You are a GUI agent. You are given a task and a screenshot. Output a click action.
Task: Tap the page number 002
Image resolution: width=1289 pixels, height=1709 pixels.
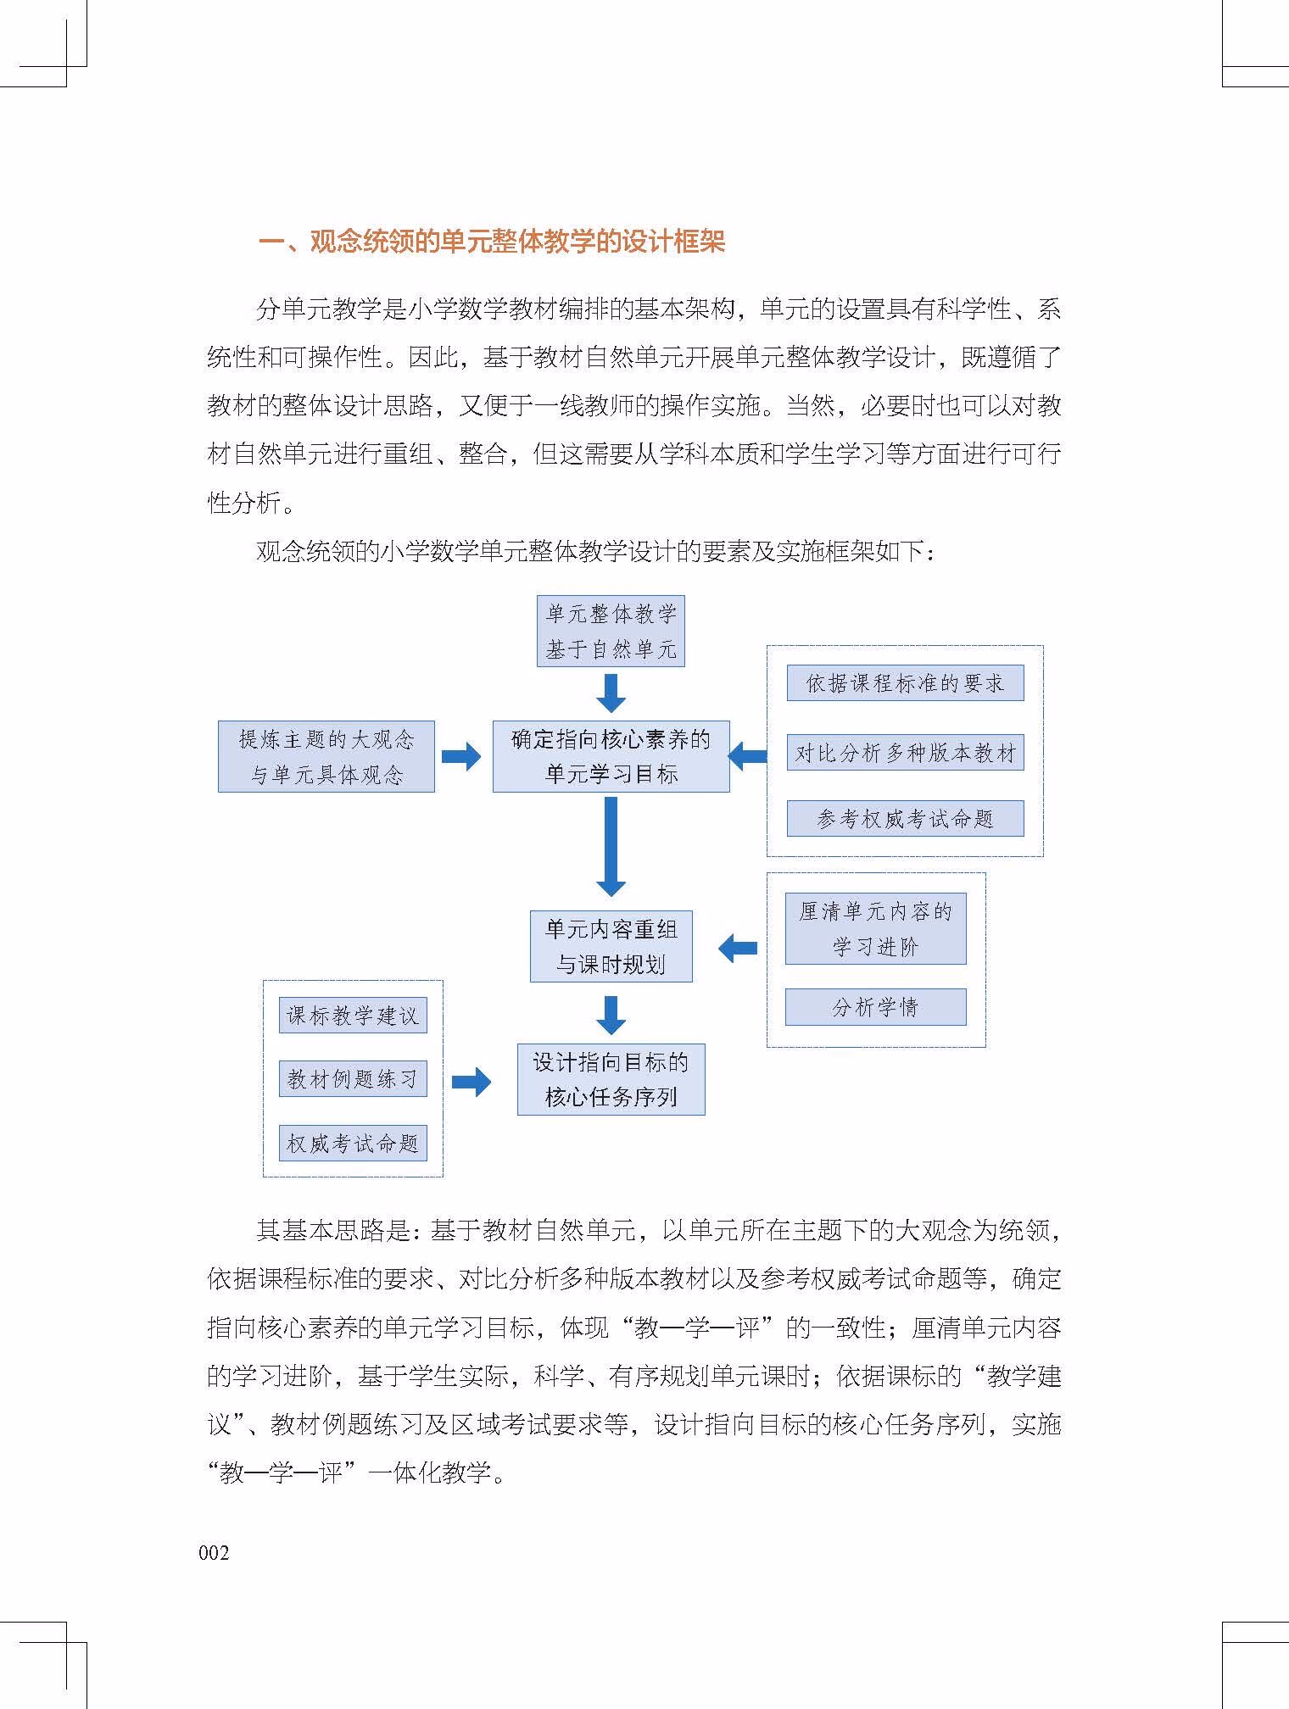pyautogui.click(x=215, y=1552)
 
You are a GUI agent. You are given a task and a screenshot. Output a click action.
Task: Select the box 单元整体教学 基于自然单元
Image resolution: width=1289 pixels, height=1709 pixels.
pyautogui.click(x=611, y=631)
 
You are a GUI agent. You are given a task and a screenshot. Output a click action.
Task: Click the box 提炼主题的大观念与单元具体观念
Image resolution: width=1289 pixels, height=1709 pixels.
pyautogui.click(x=326, y=756)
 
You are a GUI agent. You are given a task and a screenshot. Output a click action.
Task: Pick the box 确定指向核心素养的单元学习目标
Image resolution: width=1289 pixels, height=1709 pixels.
pyautogui.click(x=611, y=756)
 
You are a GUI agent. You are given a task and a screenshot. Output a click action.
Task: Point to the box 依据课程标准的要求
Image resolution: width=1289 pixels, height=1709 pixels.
pyautogui.click(x=905, y=683)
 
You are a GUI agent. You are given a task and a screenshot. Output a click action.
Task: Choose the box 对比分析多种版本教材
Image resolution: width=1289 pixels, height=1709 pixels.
pyautogui.click(x=905, y=752)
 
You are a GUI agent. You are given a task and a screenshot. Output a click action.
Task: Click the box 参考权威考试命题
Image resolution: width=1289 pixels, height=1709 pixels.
pyautogui.click(x=905, y=819)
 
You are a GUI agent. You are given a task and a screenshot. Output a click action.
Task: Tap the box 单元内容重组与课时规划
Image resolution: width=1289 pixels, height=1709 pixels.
pyautogui.click(x=611, y=946)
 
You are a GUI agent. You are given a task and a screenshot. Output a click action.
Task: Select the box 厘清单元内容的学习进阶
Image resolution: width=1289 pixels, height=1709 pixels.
pyautogui.click(x=875, y=928)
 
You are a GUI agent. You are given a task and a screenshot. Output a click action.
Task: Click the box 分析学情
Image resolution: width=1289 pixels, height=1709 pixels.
pyautogui.click(x=875, y=1007)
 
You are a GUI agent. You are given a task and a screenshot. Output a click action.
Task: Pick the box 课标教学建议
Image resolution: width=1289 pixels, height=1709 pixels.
pyautogui.click(x=353, y=1016)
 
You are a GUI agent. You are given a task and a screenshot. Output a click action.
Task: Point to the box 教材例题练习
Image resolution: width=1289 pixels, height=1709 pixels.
pyautogui.click(x=353, y=1079)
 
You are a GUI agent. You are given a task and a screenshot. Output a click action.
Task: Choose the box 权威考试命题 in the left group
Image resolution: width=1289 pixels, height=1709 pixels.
pyautogui.click(x=353, y=1144)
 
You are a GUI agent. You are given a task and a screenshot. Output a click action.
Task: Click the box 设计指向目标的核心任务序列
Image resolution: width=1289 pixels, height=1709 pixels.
pyautogui.click(x=611, y=1079)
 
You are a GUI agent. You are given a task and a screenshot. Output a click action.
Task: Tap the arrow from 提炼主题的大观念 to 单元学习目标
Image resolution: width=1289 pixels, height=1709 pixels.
pyautogui.click(x=461, y=756)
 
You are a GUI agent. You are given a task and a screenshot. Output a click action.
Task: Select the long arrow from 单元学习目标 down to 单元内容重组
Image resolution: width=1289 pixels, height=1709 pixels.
pyautogui.click(x=611, y=846)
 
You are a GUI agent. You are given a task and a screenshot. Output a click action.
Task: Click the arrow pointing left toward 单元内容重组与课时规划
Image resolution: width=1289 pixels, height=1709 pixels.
pyautogui.click(x=738, y=948)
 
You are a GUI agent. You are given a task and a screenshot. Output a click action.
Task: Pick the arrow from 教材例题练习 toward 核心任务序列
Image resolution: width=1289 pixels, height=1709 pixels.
pyautogui.click(x=472, y=1082)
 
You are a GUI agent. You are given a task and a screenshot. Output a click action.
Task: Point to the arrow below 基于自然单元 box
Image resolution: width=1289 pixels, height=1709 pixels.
pyautogui.click(x=611, y=693)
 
